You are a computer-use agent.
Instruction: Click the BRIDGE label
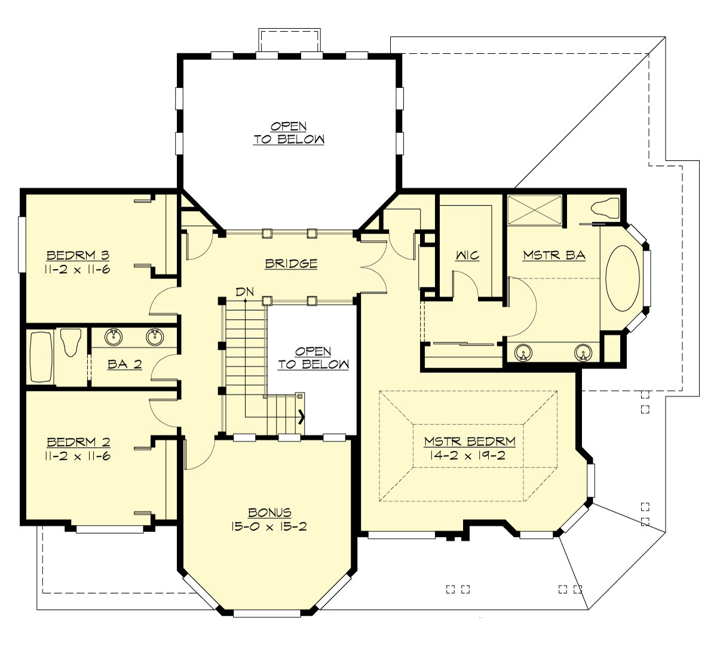(x=292, y=263)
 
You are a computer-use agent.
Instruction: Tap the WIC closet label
(x=467, y=256)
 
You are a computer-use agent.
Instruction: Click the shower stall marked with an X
(x=534, y=210)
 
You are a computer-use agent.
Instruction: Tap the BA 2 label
(x=125, y=364)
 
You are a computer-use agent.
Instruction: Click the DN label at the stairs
(x=245, y=292)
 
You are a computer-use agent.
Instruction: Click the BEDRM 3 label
(x=78, y=256)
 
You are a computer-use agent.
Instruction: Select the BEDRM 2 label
(x=78, y=442)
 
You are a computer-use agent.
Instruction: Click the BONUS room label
(x=270, y=513)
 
